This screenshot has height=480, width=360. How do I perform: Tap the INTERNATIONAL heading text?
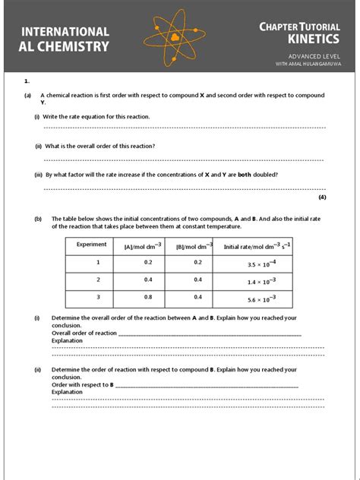tap(65, 31)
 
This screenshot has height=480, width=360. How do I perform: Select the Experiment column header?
tap(92, 245)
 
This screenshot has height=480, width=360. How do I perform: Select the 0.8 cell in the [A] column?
tap(148, 298)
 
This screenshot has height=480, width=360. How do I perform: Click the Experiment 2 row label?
tap(97, 279)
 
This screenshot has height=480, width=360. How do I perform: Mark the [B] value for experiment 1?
tap(197, 262)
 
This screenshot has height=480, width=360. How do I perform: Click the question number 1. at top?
tap(27, 80)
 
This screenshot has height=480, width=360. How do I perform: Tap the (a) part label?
tap(27, 96)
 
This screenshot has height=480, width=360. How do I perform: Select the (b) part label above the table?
tap(37, 219)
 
